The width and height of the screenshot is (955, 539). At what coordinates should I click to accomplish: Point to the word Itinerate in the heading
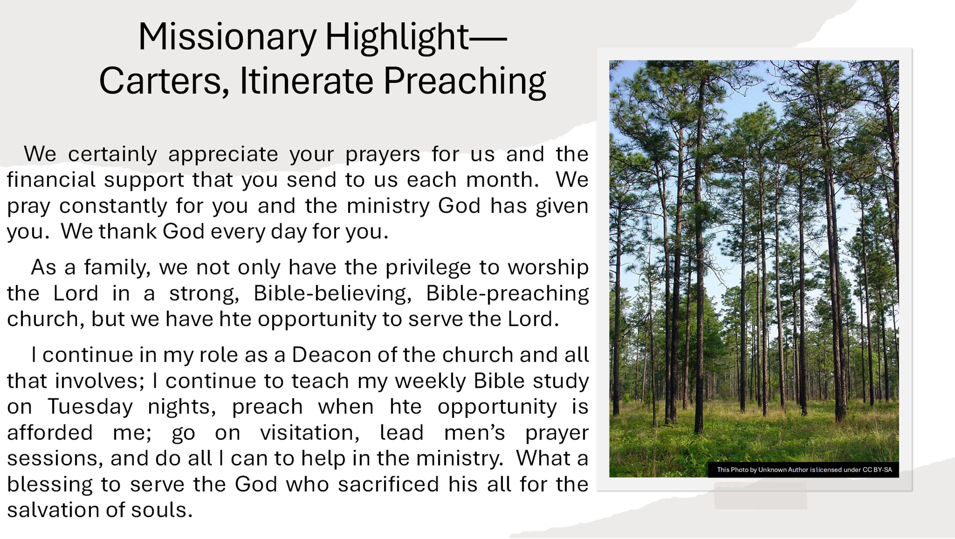click(306, 80)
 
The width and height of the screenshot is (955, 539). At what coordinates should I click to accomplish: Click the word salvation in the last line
click(52, 510)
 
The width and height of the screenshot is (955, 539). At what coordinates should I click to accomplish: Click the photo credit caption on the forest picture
click(804, 470)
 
